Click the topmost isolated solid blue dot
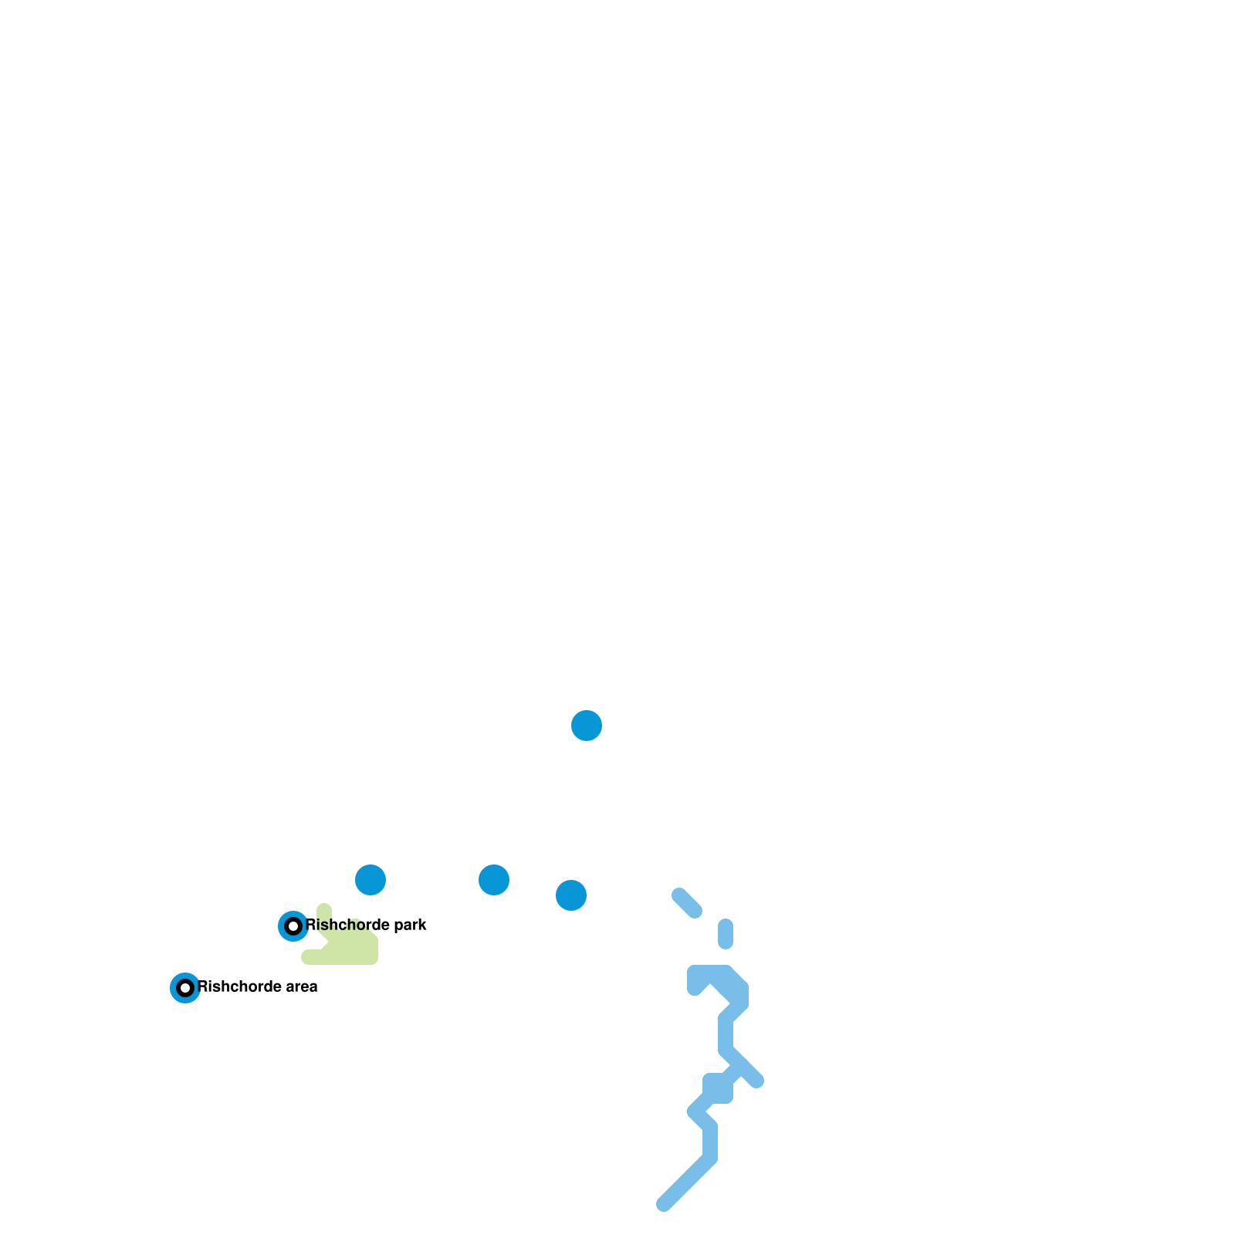tap(587, 725)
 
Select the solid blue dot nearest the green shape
tap(370, 879)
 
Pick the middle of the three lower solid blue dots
tap(494, 879)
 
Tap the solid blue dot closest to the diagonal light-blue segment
tap(571, 895)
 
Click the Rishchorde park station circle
tap(293, 925)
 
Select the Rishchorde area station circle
tap(185, 987)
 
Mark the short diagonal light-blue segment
tap(687, 903)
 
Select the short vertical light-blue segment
tap(726, 934)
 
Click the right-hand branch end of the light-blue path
tap(757, 1081)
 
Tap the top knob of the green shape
tap(324, 910)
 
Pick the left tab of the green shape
tap(309, 957)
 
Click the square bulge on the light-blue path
tap(718, 1088)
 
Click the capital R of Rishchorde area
tap(203, 986)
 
